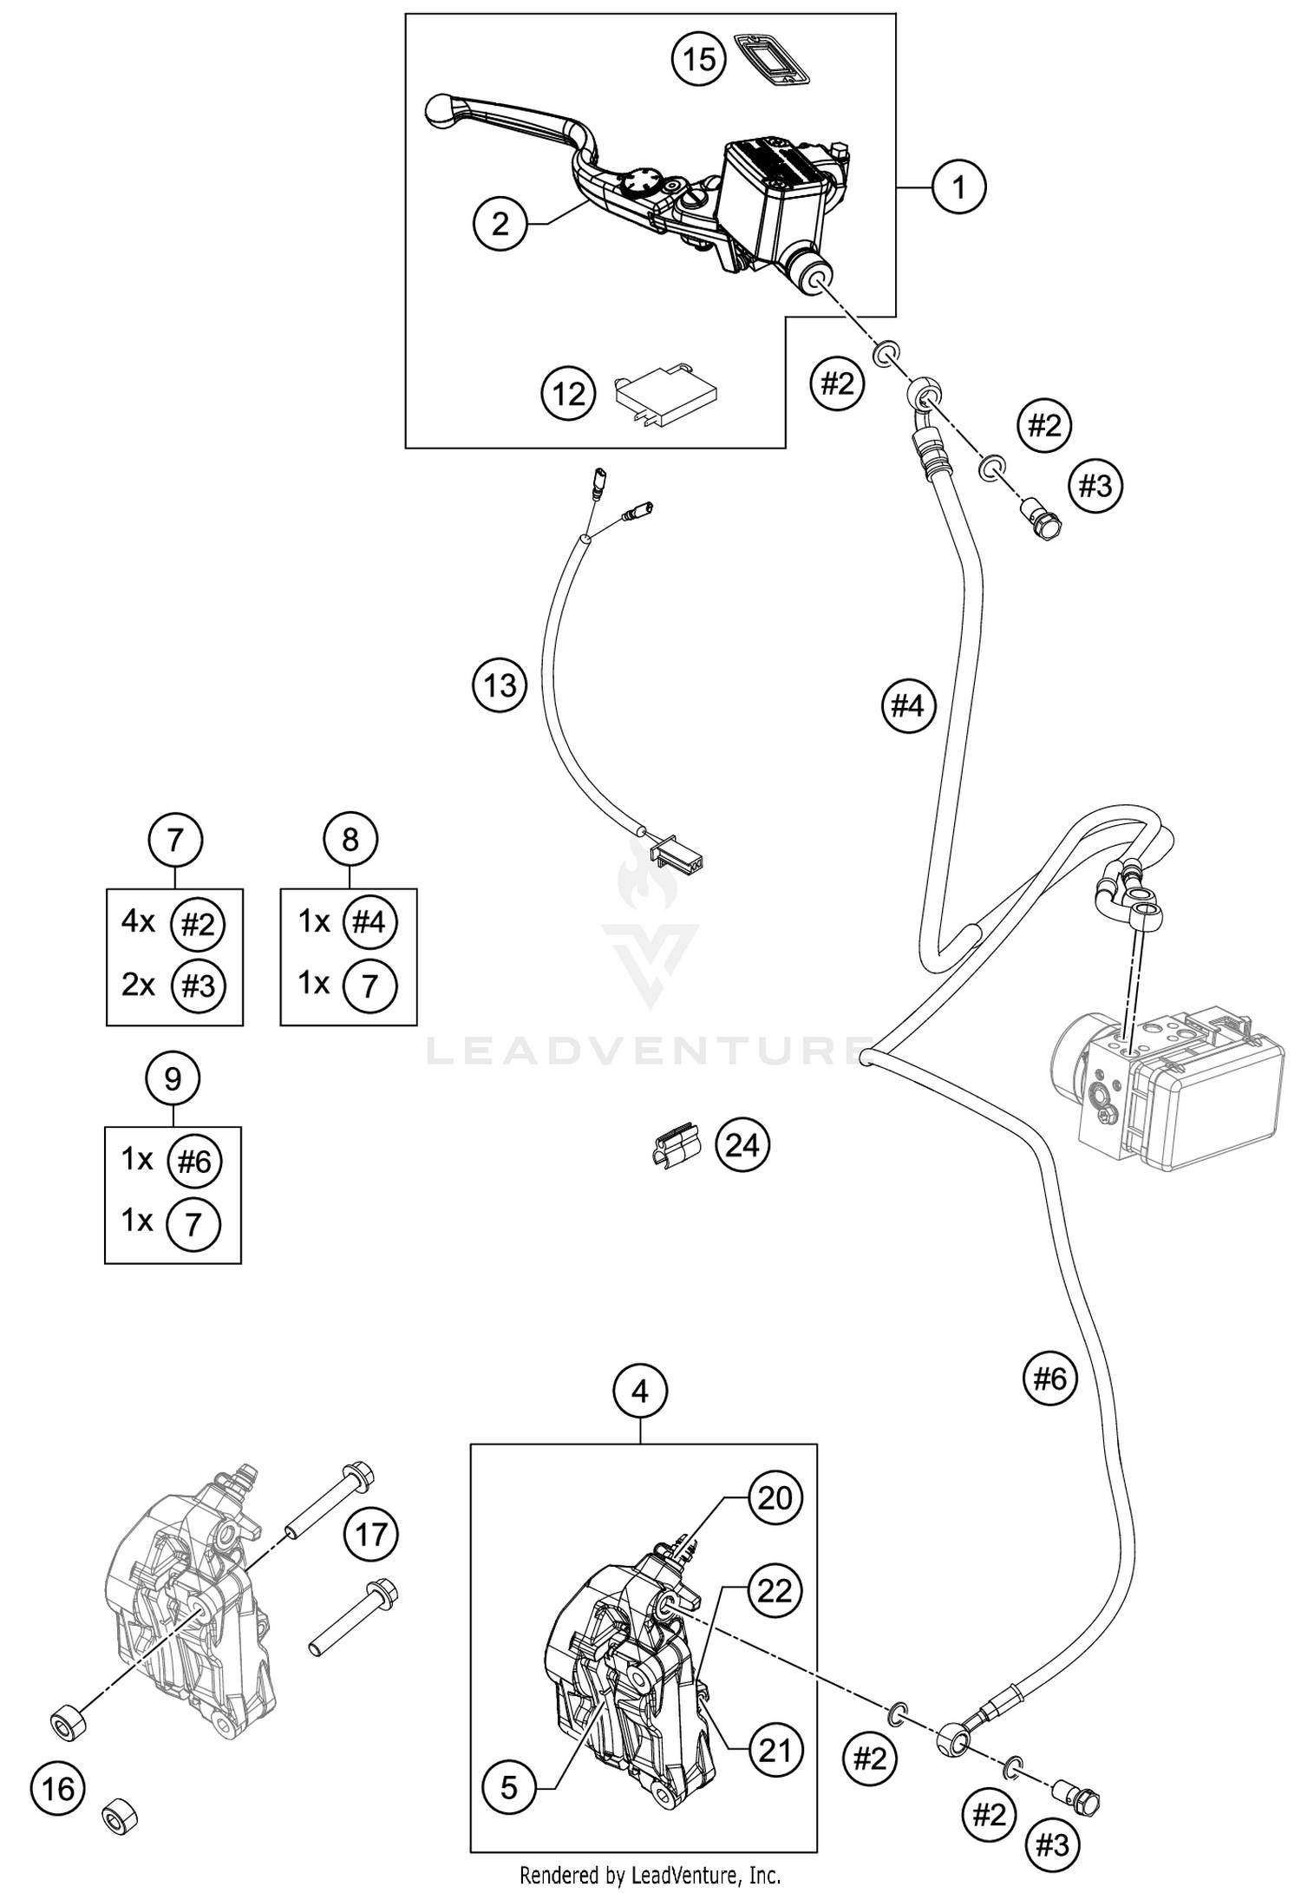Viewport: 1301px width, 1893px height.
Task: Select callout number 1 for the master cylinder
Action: pos(958,187)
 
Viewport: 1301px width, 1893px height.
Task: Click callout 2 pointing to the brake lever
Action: pos(500,225)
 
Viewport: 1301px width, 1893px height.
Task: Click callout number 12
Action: pos(569,395)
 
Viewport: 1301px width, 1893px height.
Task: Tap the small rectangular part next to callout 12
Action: pos(665,396)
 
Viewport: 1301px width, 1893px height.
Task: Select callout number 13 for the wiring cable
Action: pos(500,685)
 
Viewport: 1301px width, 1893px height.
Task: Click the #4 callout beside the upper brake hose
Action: pos(908,706)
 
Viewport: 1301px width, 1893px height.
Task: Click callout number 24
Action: pos(742,1145)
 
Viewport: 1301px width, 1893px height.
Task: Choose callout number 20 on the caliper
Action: pos(775,1497)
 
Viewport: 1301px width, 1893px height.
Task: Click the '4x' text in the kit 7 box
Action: pos(138,922)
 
